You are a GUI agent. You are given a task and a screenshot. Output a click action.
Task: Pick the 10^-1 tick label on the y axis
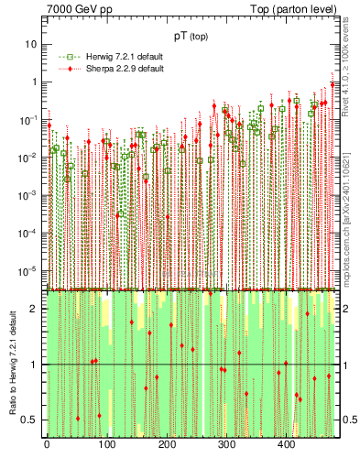pos(30,119)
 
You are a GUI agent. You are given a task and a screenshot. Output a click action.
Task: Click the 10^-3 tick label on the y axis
pos(30,195)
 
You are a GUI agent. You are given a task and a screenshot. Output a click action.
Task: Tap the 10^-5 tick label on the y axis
pos(30,270)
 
